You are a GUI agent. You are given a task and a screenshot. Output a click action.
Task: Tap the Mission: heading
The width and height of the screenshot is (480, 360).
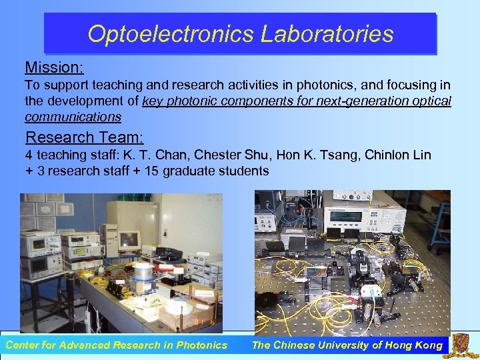54,67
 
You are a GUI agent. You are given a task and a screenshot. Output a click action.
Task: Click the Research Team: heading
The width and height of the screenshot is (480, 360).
84,137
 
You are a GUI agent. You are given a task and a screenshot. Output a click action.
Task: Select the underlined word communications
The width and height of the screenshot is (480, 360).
73,117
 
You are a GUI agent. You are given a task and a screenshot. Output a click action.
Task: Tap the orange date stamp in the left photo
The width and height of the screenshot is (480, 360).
201,322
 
